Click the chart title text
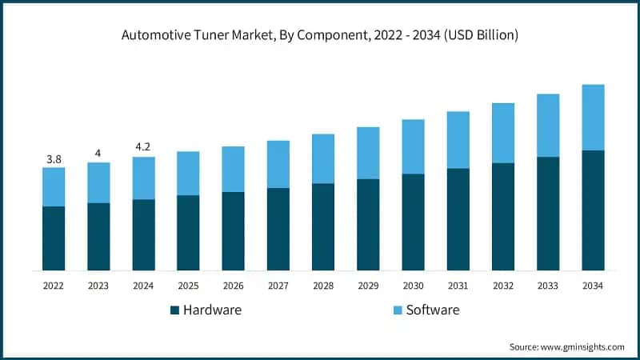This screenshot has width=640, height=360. pos(320,35)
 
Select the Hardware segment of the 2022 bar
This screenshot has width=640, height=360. pos(54,238)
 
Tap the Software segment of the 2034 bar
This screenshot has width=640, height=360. pos(593,118)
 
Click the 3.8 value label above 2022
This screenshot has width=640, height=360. pos(54,159)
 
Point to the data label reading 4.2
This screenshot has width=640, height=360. pos(143,147)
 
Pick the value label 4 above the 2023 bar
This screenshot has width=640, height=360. pos(98,153)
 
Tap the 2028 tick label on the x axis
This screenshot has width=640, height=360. pos(323,286)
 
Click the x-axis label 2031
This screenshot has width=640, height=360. pos(458,286)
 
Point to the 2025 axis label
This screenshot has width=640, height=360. pos(188,286)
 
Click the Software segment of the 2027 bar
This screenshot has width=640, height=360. pos(278,164)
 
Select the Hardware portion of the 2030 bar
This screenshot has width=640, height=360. pos(413,222)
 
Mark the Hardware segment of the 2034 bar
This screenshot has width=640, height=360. pos(593,210)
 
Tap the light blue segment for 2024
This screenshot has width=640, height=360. pos(143,178)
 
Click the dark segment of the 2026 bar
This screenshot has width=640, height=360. pos(233,231)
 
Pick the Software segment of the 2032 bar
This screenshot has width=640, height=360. pos(502,133)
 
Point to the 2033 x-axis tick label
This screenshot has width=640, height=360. pos(547,286)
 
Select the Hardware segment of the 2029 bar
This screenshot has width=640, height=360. pos(368,225)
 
